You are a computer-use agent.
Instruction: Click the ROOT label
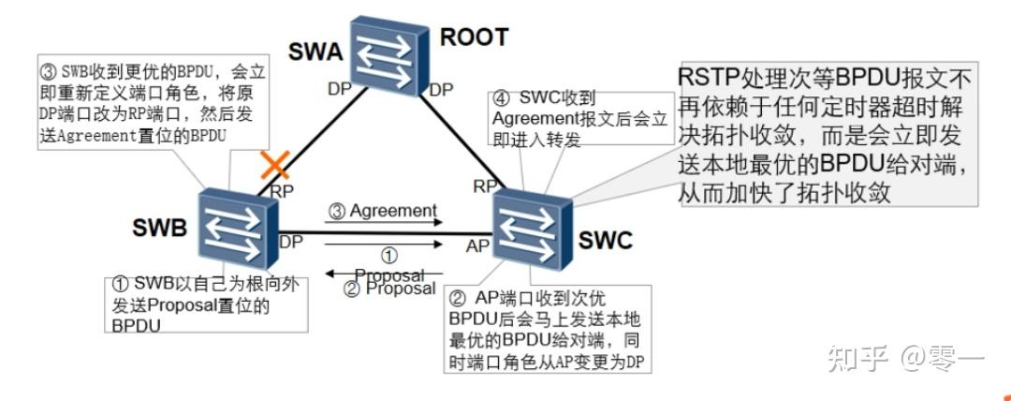474,37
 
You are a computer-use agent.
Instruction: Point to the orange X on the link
273,167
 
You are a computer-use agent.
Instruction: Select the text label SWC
604,241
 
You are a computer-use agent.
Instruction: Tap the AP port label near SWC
478,246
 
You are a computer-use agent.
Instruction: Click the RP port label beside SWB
282,190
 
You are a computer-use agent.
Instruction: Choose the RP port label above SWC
485,186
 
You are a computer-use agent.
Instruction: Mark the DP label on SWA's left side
338,90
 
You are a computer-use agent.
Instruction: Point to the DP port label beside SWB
290,242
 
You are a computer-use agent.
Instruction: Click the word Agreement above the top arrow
393,211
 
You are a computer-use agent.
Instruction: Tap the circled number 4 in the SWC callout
502,97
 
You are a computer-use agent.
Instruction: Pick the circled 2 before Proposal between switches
352,289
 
